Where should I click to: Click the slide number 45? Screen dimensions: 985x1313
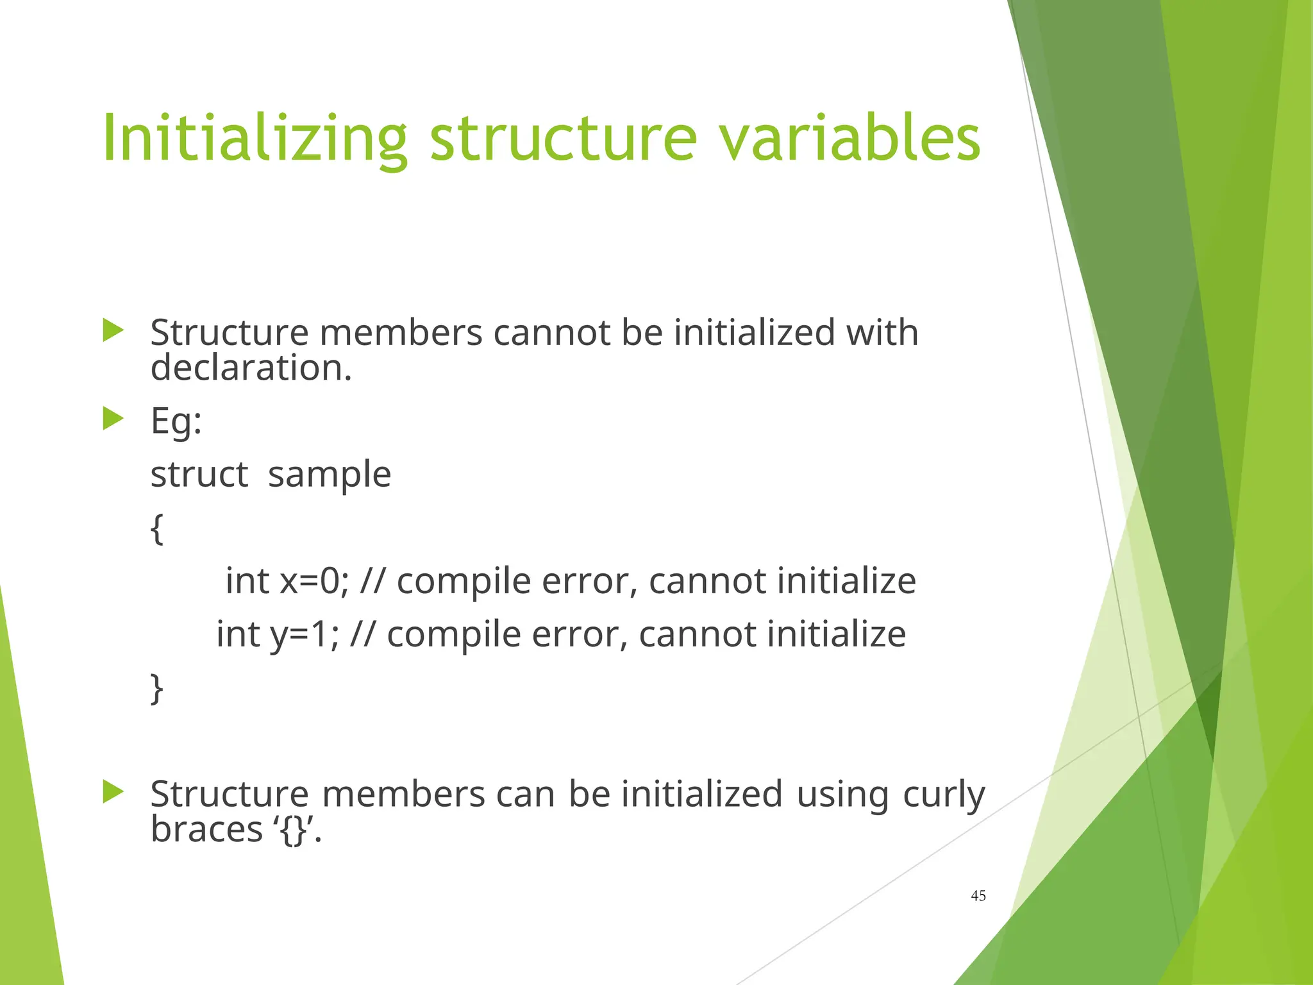[978, 896]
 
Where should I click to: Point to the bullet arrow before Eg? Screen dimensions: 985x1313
[113, 419]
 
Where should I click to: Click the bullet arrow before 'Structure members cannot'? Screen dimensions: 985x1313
[113, 331]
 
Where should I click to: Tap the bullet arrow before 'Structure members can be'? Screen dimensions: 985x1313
[113, 792]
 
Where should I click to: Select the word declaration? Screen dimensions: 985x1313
[251, 368]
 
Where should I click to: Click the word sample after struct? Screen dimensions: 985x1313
[329, 475]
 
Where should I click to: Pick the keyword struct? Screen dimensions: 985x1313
[199, 475]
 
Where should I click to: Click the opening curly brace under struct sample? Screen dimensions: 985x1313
[157, 528]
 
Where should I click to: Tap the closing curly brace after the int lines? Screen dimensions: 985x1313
[157, 688]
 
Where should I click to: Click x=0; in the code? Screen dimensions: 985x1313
[314, 581]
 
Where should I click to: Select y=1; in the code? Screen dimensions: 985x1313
[304, 634]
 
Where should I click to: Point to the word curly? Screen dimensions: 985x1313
[944, 795]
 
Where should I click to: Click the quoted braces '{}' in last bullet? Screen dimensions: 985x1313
[294, 830]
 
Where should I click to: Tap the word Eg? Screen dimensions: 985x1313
[176, 422]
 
